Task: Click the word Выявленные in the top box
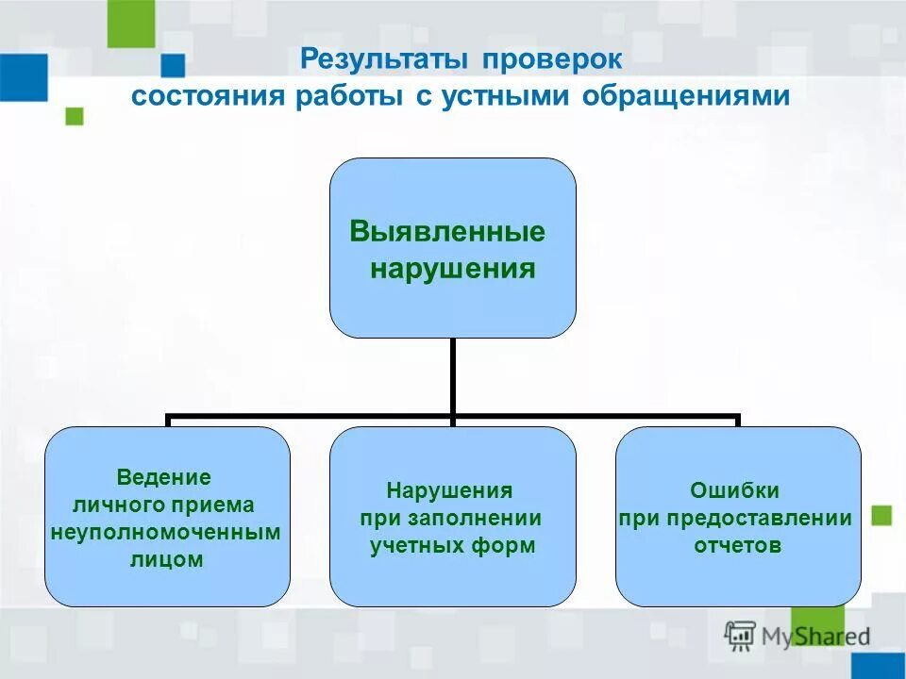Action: click(447, 232)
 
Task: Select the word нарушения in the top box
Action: click(452, 270)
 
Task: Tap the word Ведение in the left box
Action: click(163, 477)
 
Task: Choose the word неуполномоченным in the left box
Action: click(166, 532)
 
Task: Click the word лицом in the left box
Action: click(166, 559)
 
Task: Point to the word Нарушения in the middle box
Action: click(449, 490)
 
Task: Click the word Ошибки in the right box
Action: click(735, 490)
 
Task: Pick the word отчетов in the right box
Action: click(737, 545)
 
